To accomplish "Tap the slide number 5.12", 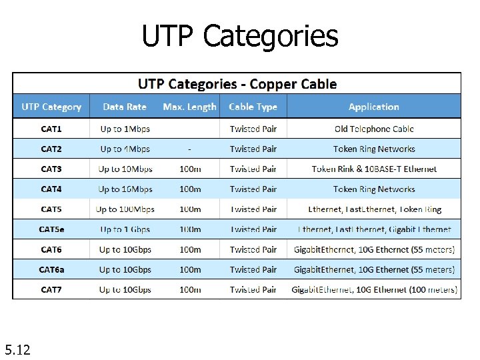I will (17, 349).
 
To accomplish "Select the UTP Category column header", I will (51, 107).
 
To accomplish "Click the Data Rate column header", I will (125, 107).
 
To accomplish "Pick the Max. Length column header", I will (189, 107).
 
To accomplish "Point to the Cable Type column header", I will (253, 107).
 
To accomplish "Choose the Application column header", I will (373, 107).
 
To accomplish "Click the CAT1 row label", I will (51, 129).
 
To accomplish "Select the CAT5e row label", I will (51, 229).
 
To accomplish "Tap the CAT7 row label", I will (51, 289).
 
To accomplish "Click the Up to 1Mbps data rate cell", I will (125, 129).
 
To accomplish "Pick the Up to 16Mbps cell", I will (125, 189).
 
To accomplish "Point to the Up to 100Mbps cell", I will (125, 209).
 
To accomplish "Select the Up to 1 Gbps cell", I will (125, 229).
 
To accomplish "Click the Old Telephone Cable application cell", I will (374, 129).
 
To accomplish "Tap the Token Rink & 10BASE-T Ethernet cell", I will (374, 169).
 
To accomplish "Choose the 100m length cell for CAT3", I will (190, 169).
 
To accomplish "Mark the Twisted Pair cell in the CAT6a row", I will (253, 269).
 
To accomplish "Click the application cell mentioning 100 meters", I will (374, 289).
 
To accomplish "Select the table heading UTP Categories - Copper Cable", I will (237, 84).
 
